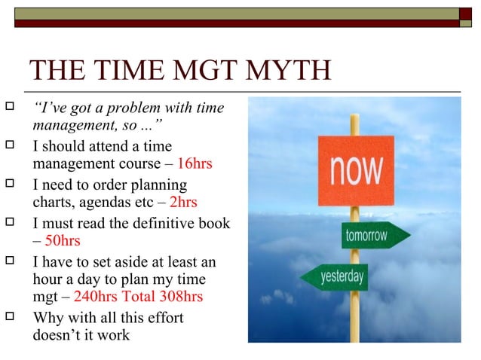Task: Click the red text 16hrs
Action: pos(195,163)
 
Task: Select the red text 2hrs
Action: pos(183,202)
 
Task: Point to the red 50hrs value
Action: pos(63,241)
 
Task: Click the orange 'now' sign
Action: pos(355,171)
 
